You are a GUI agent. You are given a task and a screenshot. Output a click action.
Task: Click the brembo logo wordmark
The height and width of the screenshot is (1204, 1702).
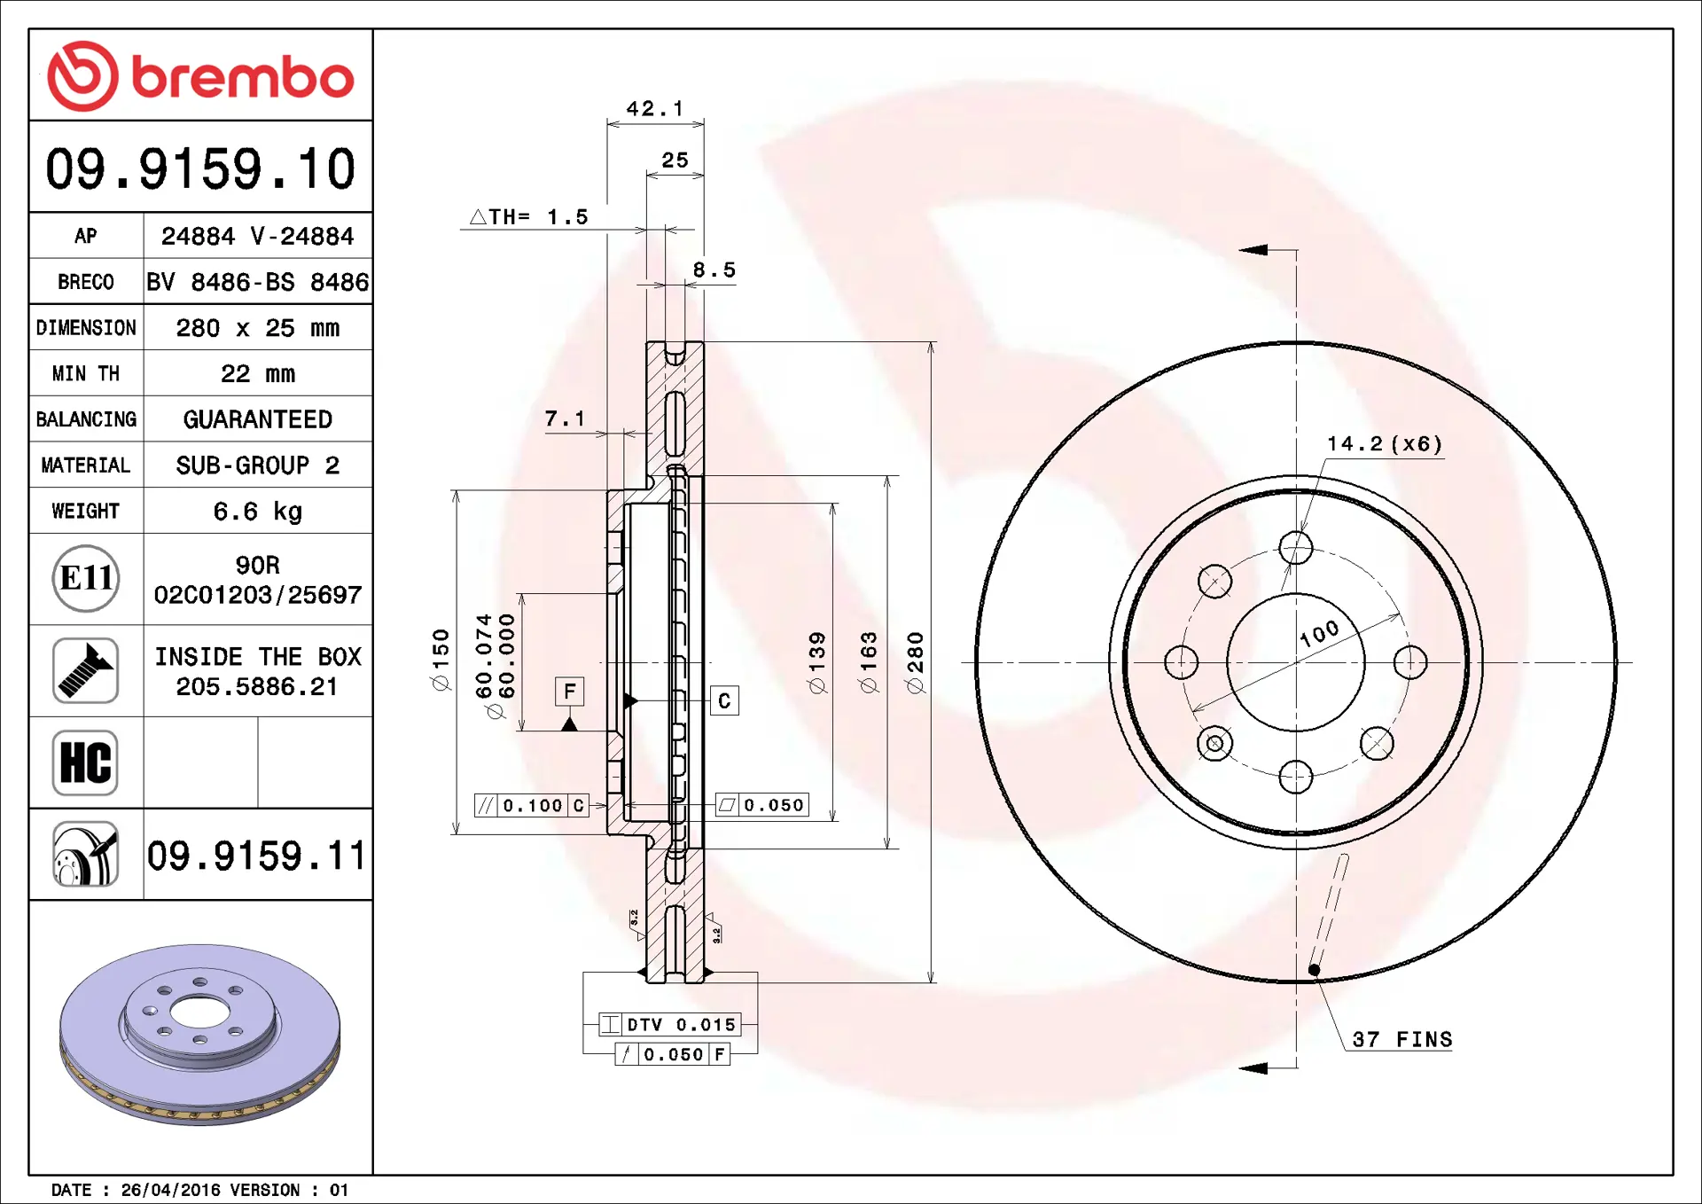click(x=243, y=77)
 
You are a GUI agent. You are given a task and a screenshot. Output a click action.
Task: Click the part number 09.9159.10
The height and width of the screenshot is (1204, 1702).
click(x=200, y=168)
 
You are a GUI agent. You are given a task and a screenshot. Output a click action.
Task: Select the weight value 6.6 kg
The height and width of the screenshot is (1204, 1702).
click(x=257, y=512)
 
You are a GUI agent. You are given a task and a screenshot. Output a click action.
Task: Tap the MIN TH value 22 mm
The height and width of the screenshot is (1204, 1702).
click(x=257, y=373)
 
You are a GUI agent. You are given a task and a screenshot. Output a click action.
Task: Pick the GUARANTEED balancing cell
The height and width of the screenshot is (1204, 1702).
click(x=257, y=419)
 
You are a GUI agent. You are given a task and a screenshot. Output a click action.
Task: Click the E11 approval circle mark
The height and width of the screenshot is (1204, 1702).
click(x=86, y=578)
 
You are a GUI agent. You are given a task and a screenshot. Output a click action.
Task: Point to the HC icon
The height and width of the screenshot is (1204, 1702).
click(x=85, y=762)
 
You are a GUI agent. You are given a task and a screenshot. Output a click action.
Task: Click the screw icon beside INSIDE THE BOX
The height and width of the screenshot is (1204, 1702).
click(x=85, y=670)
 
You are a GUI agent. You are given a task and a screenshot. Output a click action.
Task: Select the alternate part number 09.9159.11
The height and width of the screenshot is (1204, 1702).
click(x=256, y=856)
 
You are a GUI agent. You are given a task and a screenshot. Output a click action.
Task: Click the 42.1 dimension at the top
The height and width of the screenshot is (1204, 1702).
click(x=655, y=108)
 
